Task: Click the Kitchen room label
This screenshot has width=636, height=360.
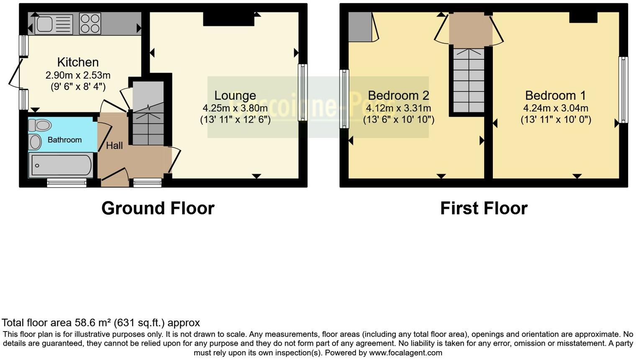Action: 78,62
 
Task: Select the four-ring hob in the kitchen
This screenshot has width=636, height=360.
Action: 90,24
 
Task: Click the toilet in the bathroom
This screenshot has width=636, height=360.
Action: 40,125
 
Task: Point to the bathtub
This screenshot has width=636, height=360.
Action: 60,165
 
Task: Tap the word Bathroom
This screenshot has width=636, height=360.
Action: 64,140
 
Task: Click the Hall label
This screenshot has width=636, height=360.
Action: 114,145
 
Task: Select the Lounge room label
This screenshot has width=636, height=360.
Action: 235,95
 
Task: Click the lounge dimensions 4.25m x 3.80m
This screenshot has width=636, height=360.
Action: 235,108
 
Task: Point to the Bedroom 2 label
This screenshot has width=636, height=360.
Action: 398,95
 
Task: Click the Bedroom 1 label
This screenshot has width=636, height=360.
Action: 556,95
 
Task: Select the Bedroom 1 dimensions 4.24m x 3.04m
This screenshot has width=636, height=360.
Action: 556,108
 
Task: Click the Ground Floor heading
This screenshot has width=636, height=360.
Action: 158,208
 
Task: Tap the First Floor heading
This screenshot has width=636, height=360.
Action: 484,208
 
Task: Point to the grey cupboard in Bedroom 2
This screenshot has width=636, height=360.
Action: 360,27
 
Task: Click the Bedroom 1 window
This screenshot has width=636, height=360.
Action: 623,90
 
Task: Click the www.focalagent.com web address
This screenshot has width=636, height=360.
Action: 405,352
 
